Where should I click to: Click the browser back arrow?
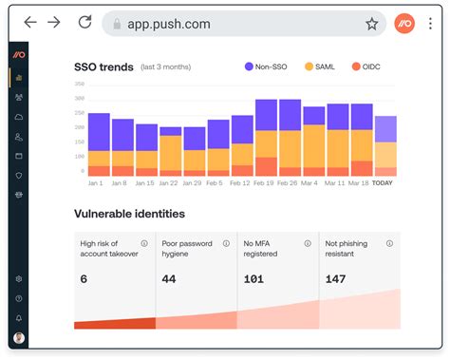[30, 23]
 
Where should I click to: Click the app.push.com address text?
[170, 24]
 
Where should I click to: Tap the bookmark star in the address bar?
[371, 24]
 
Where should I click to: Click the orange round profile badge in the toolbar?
[405, 23]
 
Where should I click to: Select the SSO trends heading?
[103, 66]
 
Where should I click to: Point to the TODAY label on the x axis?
[384, 182]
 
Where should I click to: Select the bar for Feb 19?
[265, 138]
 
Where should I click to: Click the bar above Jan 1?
[98, 144]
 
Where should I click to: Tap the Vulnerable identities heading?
[129, 214]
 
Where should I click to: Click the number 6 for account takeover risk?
[84, 278]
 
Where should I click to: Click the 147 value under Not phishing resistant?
[334, 278]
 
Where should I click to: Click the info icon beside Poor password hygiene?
[225, 243]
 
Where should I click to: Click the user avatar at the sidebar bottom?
[19, 338]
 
